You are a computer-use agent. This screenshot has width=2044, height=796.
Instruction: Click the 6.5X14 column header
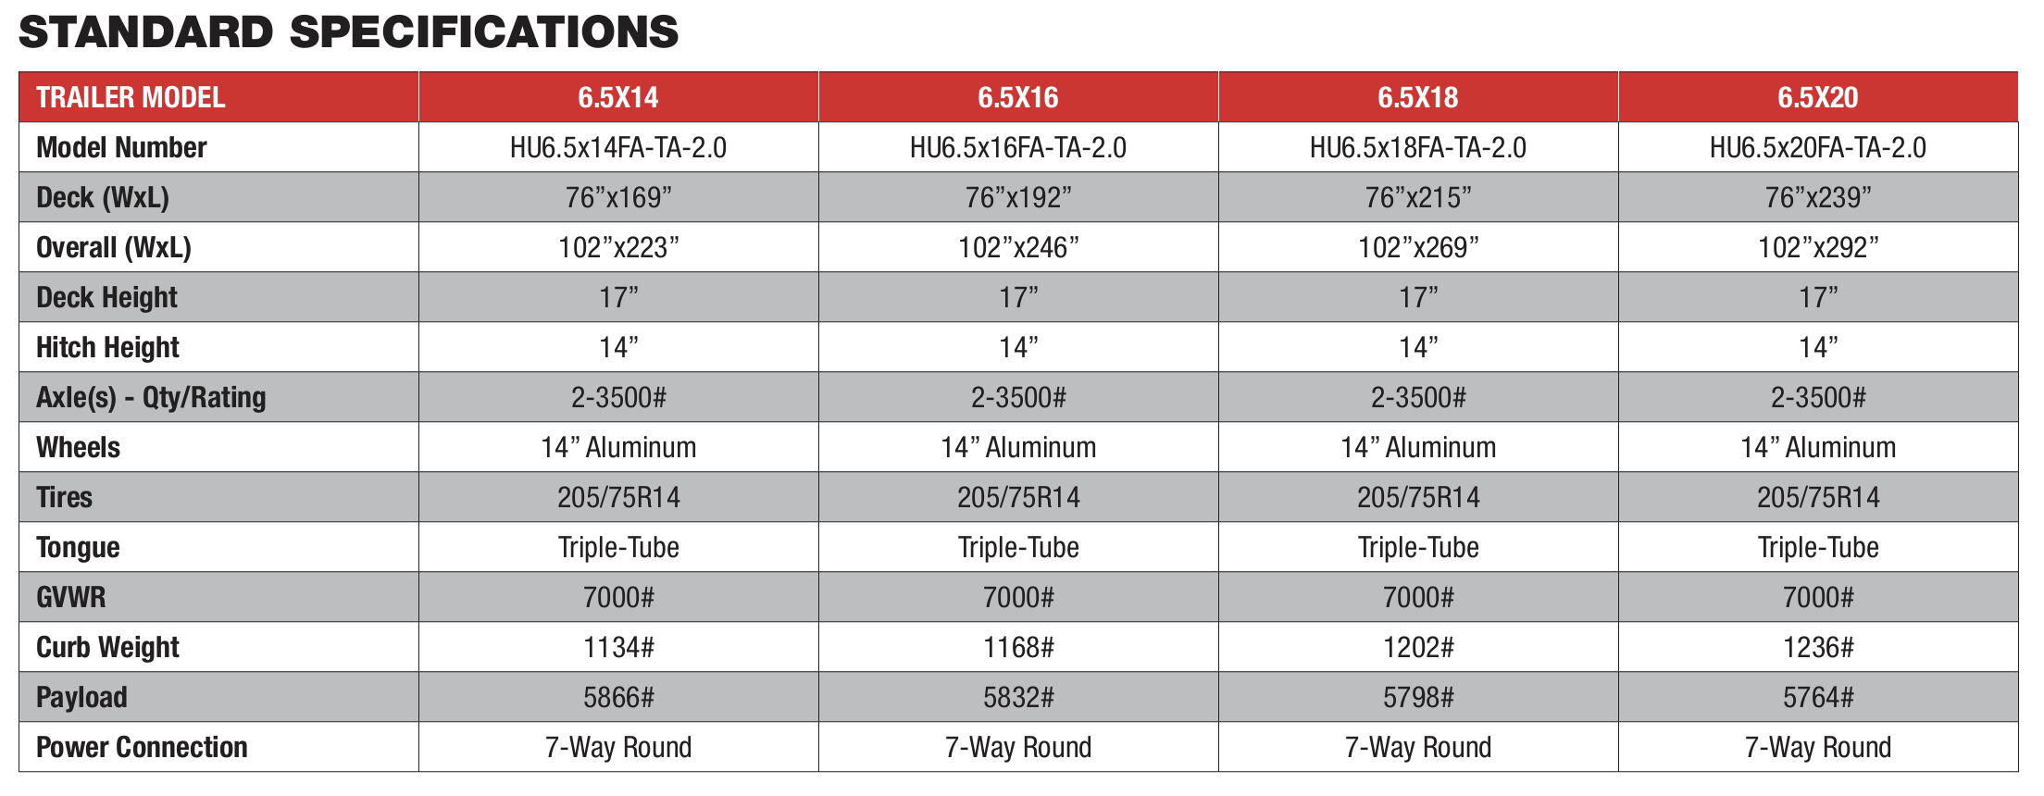pos(617,97)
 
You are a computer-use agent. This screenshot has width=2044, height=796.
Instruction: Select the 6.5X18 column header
pos(1417,97)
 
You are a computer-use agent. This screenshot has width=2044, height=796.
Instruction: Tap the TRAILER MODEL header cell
pos(131,97)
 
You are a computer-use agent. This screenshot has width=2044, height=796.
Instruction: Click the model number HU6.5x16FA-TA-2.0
pos(1017,147)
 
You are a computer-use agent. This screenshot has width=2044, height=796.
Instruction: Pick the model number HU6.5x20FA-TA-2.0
pos(1817,147)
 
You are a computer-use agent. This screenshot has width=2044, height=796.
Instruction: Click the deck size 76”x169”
pos(617,197)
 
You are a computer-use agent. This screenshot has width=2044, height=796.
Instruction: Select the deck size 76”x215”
pos(1417,197)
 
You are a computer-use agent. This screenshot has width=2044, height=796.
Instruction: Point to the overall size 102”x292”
pos(1817,247)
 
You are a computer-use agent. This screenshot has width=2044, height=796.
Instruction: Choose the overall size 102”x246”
pos(1017,247)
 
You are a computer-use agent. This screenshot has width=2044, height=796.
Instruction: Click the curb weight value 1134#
pos(617,647)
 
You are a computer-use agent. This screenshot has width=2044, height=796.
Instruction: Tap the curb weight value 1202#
pos(1417,647)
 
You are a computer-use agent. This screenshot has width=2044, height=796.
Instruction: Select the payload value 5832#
pos(1017,697)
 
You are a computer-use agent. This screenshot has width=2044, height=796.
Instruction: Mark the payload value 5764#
pos(1817,697)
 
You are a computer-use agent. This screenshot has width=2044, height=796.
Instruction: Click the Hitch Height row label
pos(107,347)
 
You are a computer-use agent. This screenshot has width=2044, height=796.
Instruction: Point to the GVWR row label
pos(70,597)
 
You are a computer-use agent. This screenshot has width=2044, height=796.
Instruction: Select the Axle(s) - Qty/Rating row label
pos(151,397)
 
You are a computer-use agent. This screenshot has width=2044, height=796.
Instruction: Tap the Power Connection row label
pos(142,747)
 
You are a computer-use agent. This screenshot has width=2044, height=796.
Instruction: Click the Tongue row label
pos(78,547)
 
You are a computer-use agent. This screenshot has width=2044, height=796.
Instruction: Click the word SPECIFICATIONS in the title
pos(484,32)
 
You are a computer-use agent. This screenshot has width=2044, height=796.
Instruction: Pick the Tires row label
pos(64,497)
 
